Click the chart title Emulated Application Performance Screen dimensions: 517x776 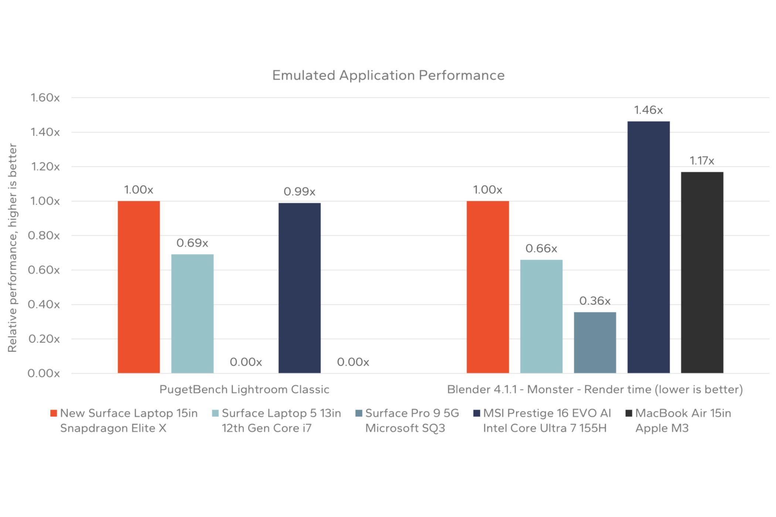click(x=388, y=75)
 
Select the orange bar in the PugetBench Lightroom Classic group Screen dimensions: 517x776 click(x=139, y=287)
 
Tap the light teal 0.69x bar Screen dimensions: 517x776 click(x=192, y=314)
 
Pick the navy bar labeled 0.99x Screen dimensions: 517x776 click(x=299, y=288)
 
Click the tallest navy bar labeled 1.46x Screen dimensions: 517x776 click(x=649, y=247)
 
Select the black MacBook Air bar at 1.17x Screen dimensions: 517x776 click(x=702, y=273)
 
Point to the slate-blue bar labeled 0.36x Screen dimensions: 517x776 click(x=595, y=342)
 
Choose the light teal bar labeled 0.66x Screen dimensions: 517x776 click(x=541, y=316)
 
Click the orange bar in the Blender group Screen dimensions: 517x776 click(x=488, y=287)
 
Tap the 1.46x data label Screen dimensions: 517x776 click(x=649, y=110)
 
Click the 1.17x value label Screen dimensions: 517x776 click(x=702, y=161)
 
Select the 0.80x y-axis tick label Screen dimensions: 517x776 click(x=44, y=236)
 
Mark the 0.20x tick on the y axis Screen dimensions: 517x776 click(x=44, y=339)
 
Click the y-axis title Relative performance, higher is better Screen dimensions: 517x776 click(x=13, y=248)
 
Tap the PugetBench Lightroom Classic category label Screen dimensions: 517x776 click(x=244, y=390)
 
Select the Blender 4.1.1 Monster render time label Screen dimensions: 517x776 click(x=595, y=390)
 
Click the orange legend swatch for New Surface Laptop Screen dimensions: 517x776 click(x=54, y=413)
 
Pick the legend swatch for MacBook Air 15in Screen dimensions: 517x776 click(x=629, y=413)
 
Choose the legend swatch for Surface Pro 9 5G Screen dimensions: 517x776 click(x=358, y=413)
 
